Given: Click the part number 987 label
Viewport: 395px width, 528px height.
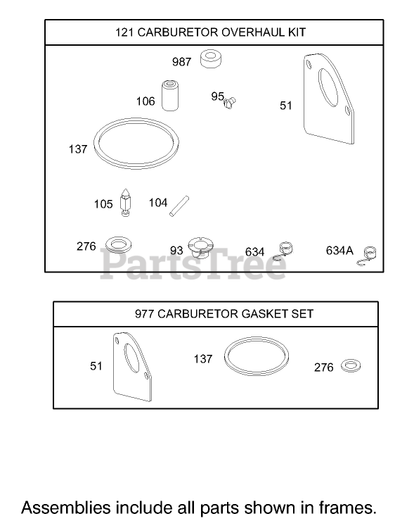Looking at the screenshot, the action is click(x=181, y=62).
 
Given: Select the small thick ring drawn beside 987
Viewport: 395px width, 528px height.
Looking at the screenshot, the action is click(x=211, y=59).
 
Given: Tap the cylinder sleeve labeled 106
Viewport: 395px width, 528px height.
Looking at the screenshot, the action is click(x=170, y=95).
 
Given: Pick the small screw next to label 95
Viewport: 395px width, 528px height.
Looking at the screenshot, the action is click(x=231, y=101).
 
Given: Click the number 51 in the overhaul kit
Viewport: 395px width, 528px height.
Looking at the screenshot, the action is click(x=286, y=106).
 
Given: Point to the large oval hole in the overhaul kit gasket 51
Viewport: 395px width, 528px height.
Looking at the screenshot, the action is click(x=328, y=87).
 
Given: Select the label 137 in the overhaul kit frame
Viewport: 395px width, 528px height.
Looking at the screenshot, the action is click(x=78, y=149).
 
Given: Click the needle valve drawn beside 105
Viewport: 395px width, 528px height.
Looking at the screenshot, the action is click(x=125, y=202).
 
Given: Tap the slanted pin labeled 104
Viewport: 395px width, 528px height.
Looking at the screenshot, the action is click(x=179, y=206).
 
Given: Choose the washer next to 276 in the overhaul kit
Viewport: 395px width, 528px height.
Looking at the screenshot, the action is click(x=118, y=244).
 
